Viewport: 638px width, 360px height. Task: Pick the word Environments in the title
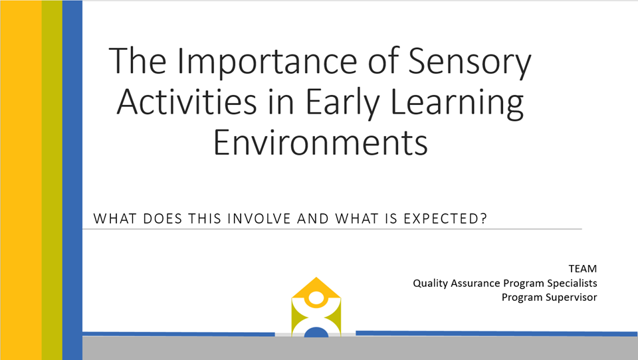320,142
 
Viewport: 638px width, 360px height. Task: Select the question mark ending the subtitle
483,219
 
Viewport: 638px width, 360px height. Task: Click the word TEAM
583,269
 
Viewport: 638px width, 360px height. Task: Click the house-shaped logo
316,307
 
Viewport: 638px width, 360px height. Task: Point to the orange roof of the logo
316,288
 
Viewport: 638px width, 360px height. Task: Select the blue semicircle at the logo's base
316,332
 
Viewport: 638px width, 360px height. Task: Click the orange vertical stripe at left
21,180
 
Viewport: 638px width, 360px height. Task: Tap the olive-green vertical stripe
52,180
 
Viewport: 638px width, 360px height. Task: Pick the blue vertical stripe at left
72,180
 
